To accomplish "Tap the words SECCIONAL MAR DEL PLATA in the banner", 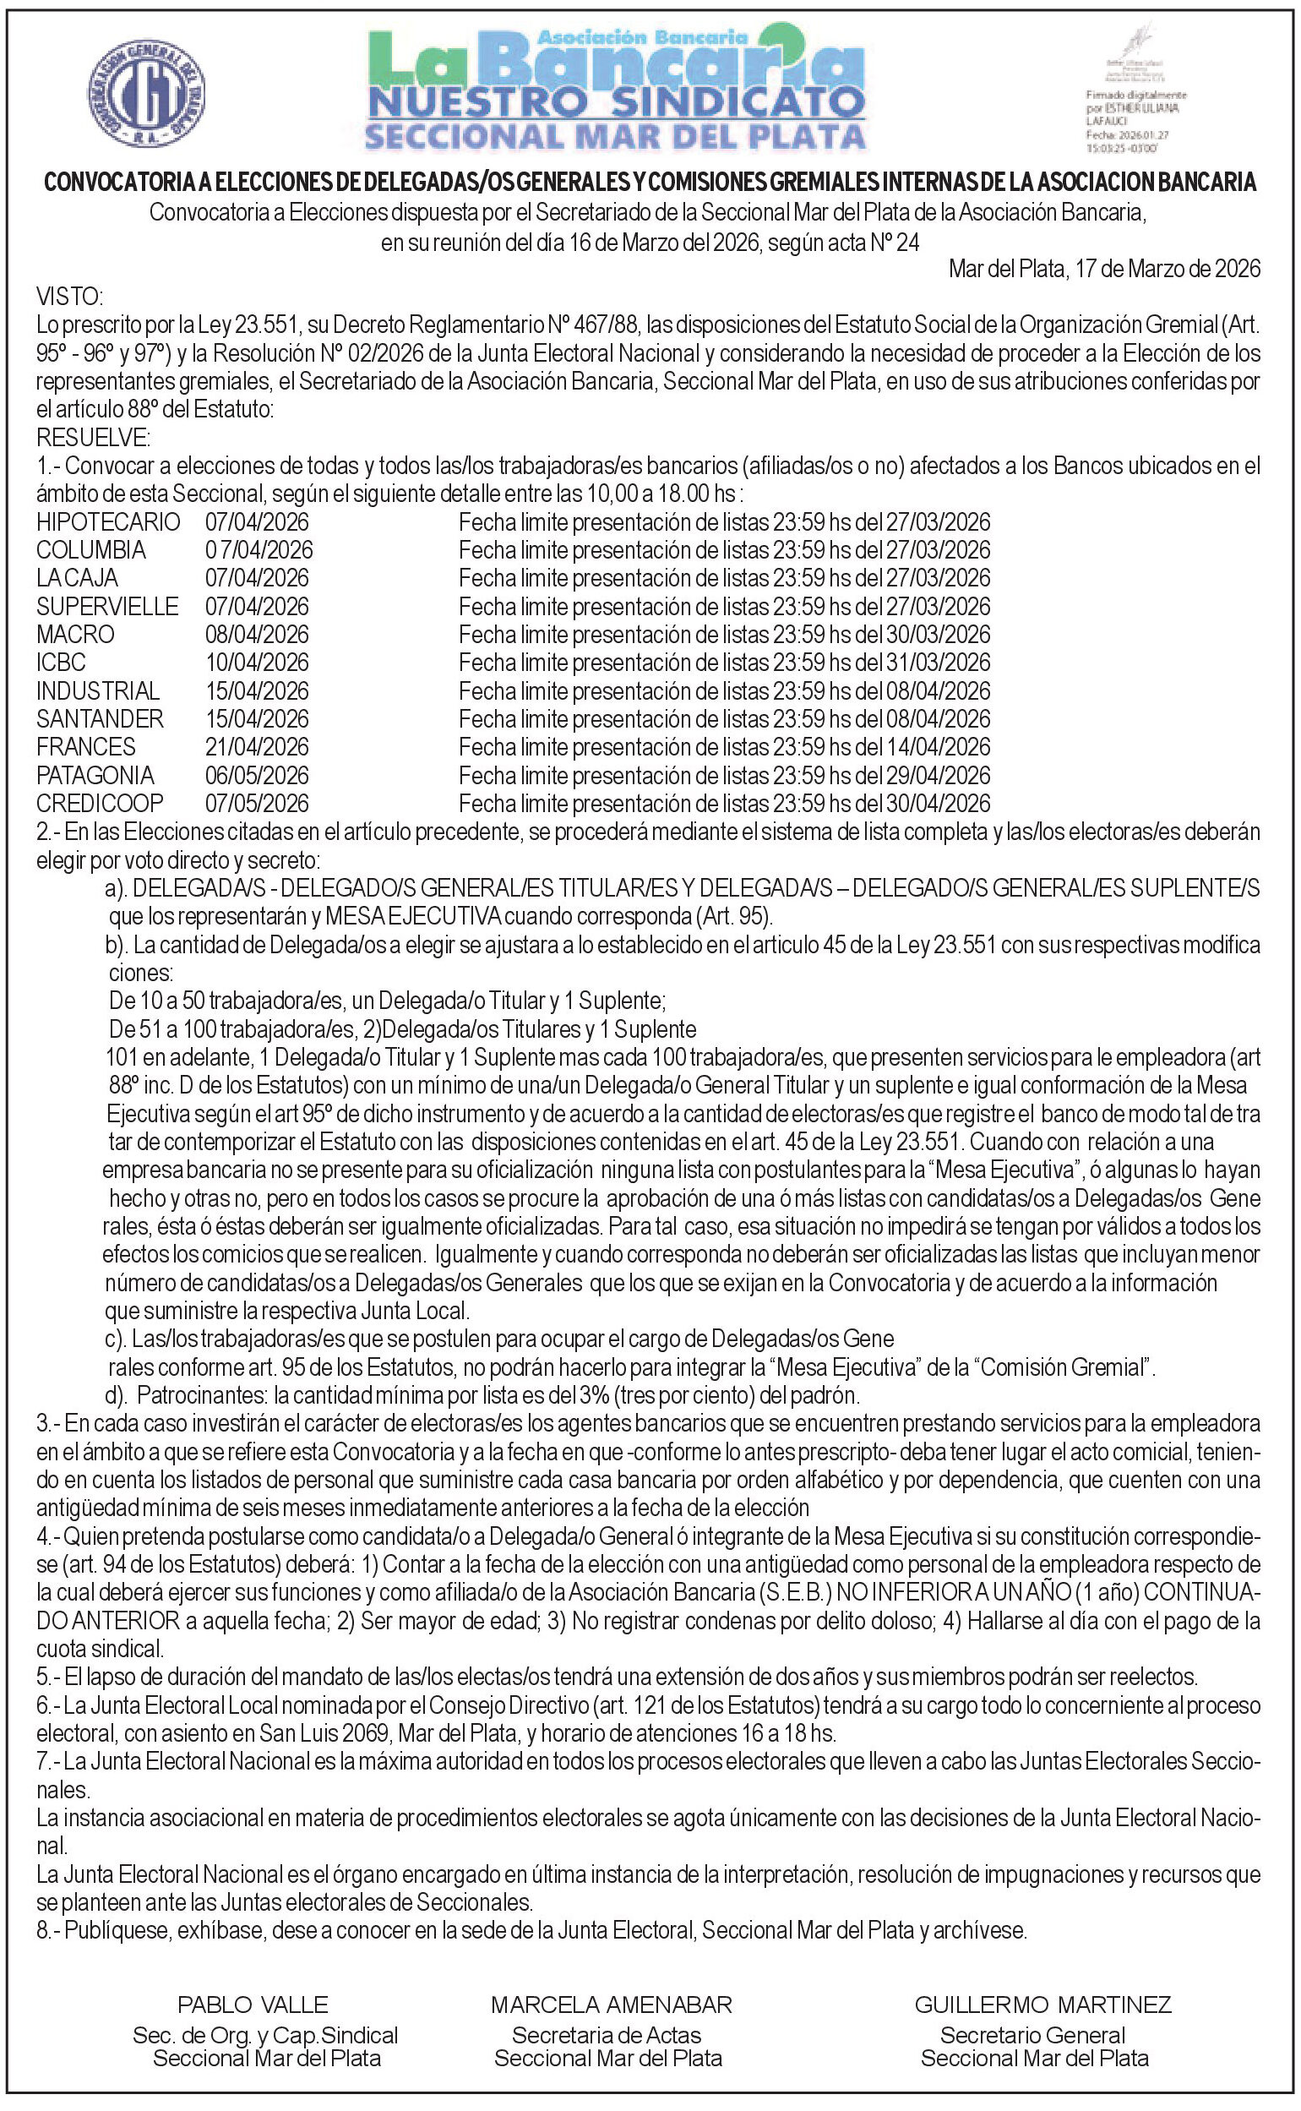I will [x=615, y=136].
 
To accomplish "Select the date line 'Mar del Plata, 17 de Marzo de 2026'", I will [x=1104, y=269].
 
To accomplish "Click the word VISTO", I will [x=68, y=297].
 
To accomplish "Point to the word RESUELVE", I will [x=93, y=437].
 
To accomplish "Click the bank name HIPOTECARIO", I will [x=108, y=521].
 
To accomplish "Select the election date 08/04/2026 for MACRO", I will [x=257, y=635].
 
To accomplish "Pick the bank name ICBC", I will [x=61, y=663].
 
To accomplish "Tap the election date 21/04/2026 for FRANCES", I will [x=257, y=747].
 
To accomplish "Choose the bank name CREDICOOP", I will [x=100, y=803].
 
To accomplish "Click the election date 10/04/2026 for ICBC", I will [x=257, y=663].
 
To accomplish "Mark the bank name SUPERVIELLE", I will [x=107, y=606].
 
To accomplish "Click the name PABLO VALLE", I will [x=253, y=2005].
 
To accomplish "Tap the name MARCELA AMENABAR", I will [x=611, y=2005].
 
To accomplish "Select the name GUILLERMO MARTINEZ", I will [x=1042, y=2005].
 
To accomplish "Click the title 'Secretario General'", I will [x=1032, y=2035].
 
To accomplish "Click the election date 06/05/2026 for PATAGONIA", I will [x=257, y=776].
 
